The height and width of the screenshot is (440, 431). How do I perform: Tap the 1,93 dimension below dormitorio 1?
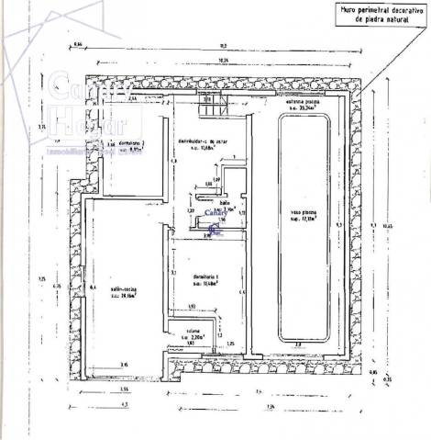(x=193, y=306)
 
